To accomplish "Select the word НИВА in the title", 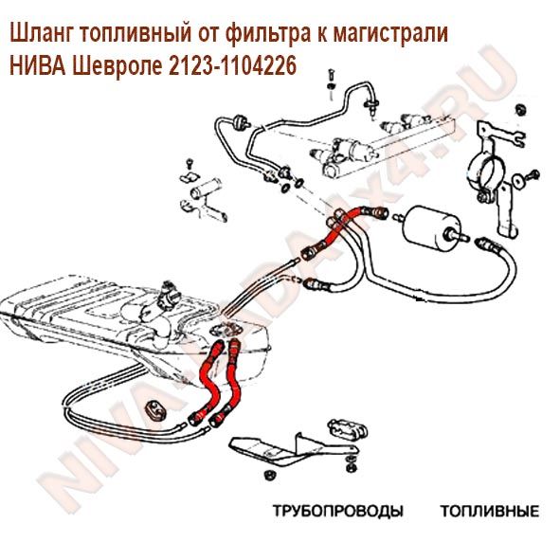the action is [38, 65].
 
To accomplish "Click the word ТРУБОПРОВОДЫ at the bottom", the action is [338, 511].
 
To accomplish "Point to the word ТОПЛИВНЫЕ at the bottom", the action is [490, 511].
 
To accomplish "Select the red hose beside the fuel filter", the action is [344, 228].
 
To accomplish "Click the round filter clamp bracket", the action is [490, 178].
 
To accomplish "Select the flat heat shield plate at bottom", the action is [289, 451].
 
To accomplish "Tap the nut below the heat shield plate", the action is [267, 475].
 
